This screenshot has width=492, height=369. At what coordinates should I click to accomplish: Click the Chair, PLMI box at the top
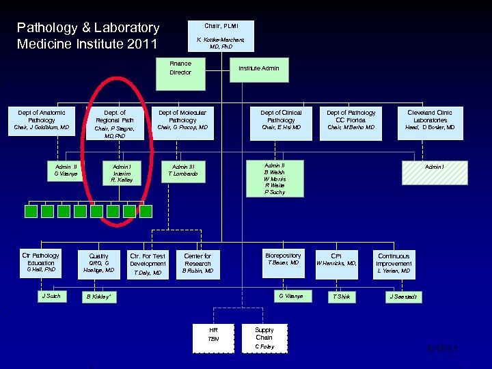click(x=221, y=36)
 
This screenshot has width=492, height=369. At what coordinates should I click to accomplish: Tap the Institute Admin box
click(x=258, y=69)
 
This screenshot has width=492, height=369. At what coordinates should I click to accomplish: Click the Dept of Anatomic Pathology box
click(x=42, y=120)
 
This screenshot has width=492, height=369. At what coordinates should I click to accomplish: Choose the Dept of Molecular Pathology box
click(x=182, y=120)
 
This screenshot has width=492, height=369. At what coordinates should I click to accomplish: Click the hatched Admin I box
click(x=435, y=172)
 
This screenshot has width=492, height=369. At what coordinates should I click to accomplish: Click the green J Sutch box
click(x=51, y=297)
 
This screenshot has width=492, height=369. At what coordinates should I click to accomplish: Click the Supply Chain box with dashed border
click(x=264, y=338)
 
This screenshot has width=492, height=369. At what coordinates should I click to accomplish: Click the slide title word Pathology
click(x=46, y=28)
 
